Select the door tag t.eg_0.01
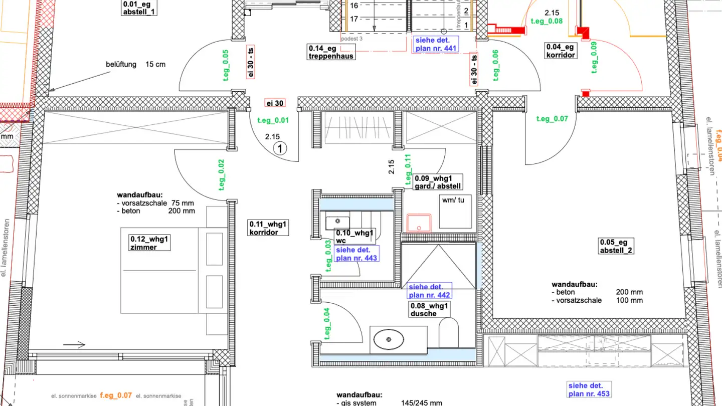[x=273, y=120]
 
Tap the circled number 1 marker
[x=280, y=148]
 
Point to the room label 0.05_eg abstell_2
[x=616, y=246]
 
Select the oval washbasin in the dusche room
[x=389, y=339]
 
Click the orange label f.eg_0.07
[x=116, y=395]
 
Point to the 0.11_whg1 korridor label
[x=269, y=228]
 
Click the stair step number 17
[x=354, y=20]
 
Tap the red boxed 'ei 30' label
[x=275, y=103]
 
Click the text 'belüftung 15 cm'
[x=135, y=64]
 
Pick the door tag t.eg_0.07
[x=552, y=119]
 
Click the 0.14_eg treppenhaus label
[x=331, y=52]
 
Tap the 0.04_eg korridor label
[x=560, y=51]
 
